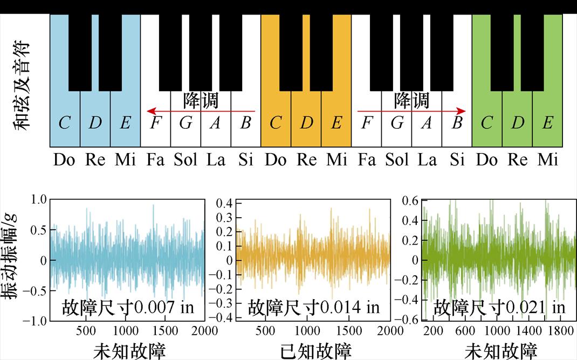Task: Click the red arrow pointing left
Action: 200,112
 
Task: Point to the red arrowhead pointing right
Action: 462,112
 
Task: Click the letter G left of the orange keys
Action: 186,123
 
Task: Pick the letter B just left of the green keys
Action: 457,123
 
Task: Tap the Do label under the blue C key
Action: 64,160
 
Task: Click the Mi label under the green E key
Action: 548,160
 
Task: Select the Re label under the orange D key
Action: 307,160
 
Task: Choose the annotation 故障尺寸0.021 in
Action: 499,308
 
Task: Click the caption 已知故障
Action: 316,351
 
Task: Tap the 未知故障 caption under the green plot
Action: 502,351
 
